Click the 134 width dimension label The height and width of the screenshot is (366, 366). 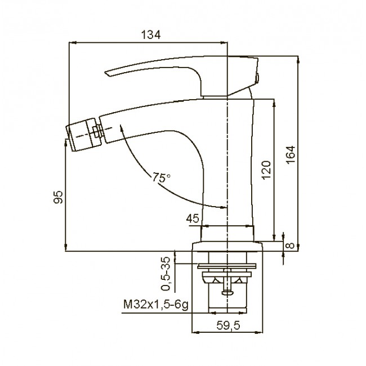click(151, 35)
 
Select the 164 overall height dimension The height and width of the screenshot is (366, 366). click(291, 155)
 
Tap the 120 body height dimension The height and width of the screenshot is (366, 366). click(266, 170)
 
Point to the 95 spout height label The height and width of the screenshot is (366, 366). click(59, 197)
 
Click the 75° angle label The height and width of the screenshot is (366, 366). click(161, 177)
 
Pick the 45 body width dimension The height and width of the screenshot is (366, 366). click(193, 218)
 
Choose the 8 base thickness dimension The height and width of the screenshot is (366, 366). click(291, 246)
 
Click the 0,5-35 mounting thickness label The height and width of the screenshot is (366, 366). click(167, 274)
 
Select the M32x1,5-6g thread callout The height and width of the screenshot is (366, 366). click(155, 305)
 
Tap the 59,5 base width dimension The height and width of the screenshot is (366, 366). click(228, 325)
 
